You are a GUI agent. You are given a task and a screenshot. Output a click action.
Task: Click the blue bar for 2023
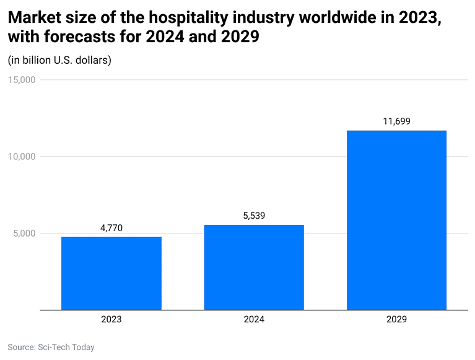point(111,273)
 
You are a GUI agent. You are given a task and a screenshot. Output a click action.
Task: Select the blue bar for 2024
point(254,267)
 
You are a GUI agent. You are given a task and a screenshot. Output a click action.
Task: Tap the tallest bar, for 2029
point(396,220)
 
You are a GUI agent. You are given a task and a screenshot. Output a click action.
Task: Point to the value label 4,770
point(111,228)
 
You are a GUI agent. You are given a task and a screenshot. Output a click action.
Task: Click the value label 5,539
point(254,216)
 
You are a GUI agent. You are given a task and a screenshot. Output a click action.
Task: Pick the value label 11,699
point(396,121)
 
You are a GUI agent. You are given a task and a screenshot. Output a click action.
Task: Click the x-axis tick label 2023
point(111,320)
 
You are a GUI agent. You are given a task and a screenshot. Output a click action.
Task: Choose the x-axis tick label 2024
point(254,320)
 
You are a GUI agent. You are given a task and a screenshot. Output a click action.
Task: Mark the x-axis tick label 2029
point(396,320)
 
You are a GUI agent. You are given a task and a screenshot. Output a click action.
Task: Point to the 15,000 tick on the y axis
point(22,80)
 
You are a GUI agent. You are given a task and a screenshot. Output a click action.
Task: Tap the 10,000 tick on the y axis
point(22,157)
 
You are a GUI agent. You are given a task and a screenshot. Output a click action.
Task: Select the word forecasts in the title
point(78,37)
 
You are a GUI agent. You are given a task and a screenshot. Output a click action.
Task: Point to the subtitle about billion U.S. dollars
point(59,61)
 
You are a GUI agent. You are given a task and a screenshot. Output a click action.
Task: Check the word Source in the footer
point(22,347)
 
